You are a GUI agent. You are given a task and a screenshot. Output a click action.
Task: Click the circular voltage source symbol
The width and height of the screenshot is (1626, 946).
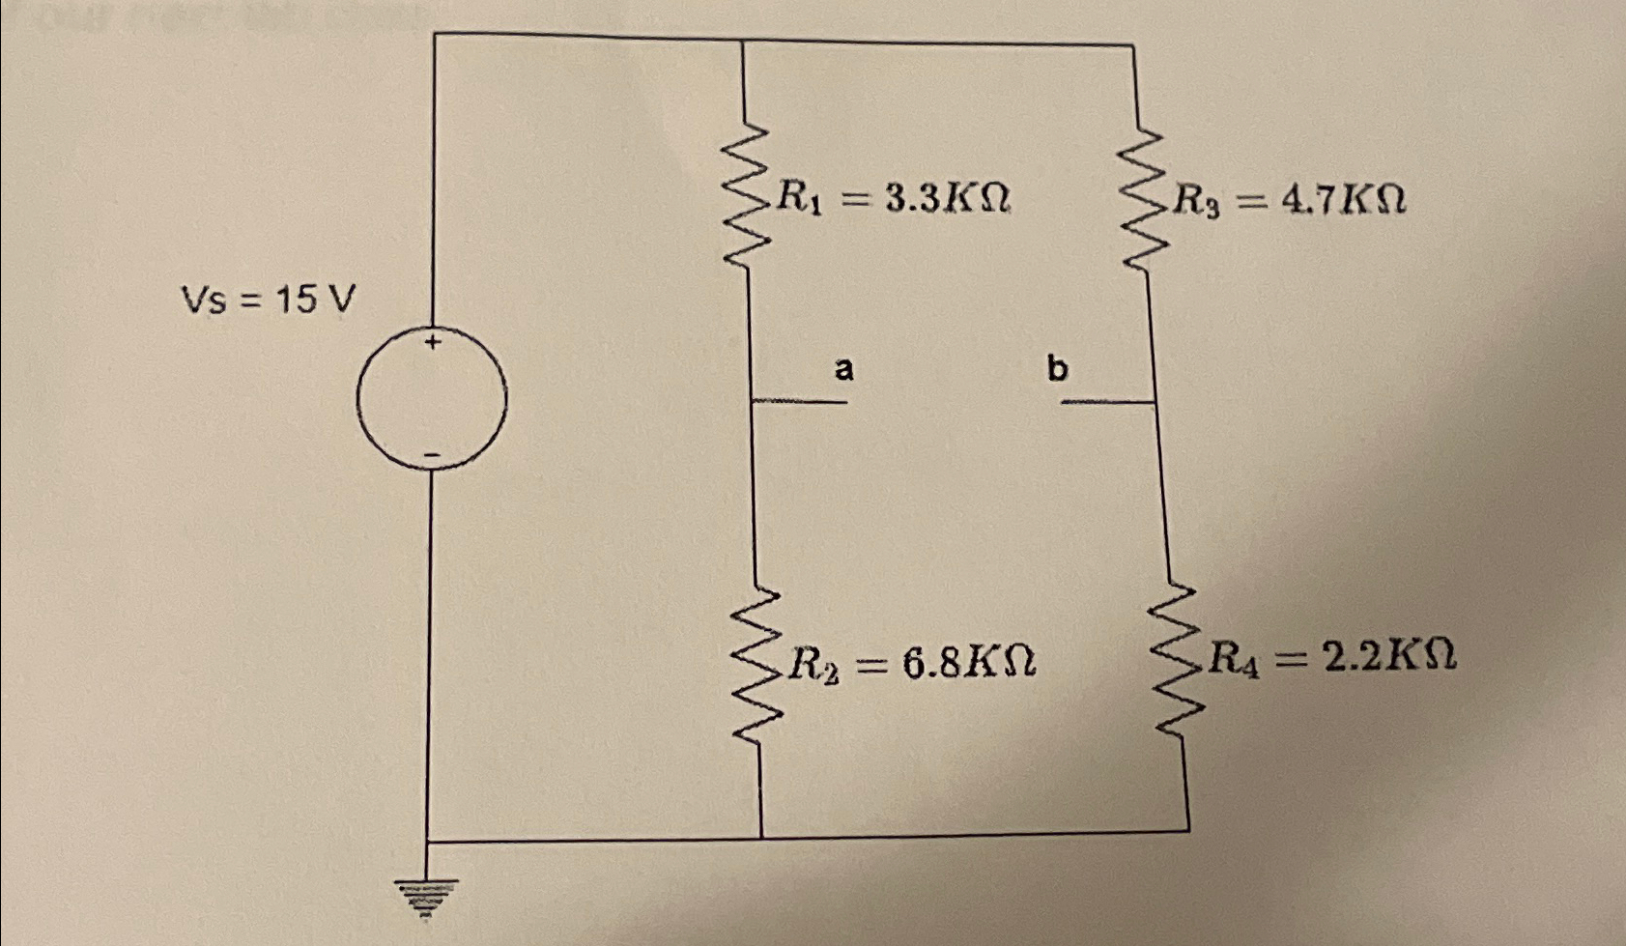[431, 398]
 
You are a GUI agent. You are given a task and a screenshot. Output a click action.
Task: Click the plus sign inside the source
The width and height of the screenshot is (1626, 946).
[434, 342]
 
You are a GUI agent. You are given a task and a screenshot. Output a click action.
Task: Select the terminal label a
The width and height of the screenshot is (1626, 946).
[843, 368]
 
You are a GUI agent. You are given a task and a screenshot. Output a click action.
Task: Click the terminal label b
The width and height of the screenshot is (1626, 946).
[1058, 368]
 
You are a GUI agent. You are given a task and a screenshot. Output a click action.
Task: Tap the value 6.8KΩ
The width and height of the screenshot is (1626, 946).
[969, 663]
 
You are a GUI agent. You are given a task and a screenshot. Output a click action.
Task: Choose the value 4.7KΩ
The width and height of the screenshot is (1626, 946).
[1343, 200]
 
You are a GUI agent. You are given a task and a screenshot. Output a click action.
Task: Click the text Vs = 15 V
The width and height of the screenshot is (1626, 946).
[268, 301]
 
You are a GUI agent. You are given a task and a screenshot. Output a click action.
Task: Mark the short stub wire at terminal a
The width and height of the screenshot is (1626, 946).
[799, 401]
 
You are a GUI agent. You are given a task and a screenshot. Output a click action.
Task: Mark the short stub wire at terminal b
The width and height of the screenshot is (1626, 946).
[1107, 401]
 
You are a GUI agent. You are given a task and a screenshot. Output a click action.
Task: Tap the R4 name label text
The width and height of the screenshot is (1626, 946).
[1233, 660]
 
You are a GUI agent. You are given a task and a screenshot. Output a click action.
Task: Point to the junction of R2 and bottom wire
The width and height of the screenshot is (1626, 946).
[761, 837]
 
